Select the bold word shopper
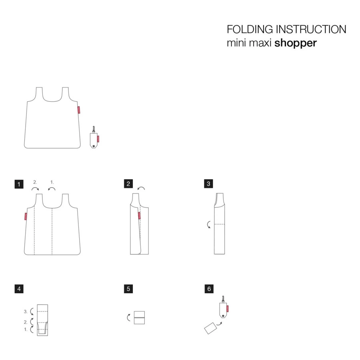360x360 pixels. pos(296,43)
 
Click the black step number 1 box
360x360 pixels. pos(19,184)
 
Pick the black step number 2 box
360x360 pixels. pos(128,184)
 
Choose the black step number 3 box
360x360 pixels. pos(208,184)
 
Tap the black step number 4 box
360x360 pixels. pos(19,289)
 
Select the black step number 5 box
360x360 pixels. pos(128,289)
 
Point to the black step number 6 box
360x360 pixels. pos(208,289)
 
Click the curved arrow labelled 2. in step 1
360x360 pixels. pos(35,188)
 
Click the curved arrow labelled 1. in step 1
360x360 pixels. pos(52,188)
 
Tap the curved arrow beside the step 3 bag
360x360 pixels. pos(209,225)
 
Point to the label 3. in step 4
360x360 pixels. pos(26,311)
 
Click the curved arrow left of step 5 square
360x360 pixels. pos(128,318)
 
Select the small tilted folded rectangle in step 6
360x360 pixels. pos(210,329)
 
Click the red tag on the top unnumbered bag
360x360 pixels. pos(79,109)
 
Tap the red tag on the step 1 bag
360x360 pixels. pos(25,216)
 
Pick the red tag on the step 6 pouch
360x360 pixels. pos(227,308)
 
